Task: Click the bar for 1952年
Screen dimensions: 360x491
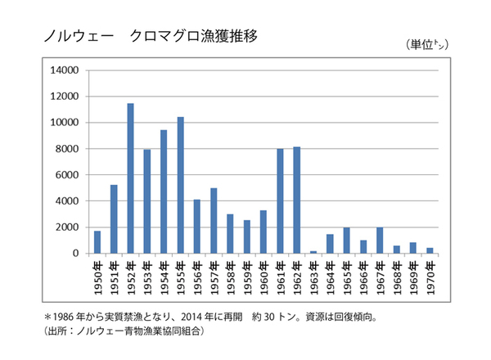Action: pos(131,178)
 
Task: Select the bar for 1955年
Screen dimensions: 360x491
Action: pos(180,185)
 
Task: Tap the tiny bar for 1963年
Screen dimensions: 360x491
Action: pos(313,252)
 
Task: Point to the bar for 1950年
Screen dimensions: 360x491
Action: pos(97,242)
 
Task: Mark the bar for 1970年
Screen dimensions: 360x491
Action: pos(429,250)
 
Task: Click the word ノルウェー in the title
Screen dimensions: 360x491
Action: pos(69,37)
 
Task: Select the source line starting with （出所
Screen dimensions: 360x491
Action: pos(123,331)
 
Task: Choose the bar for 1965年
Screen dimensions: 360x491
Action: pos(346,241)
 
